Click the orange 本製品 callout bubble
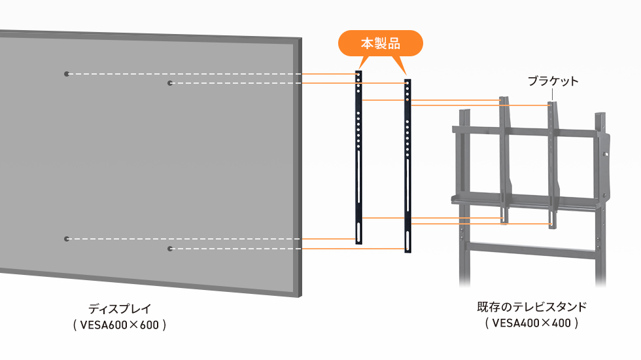coord(380,44)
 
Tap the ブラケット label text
coord(553,81)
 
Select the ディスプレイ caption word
coord(120,308)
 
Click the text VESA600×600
coord(120,324)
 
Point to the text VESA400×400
coord(532,322)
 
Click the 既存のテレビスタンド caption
coord(532,306)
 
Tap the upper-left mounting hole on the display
coord(66,74)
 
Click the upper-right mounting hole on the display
coord(169,83)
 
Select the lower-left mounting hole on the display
coord(66,239)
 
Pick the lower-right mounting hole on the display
coord(169,249)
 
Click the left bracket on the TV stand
coord(503,160)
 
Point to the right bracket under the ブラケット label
coord(553,164)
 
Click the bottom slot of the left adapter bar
coord(358,233)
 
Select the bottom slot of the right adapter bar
coord(407,241)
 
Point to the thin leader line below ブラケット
coord(553,95)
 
